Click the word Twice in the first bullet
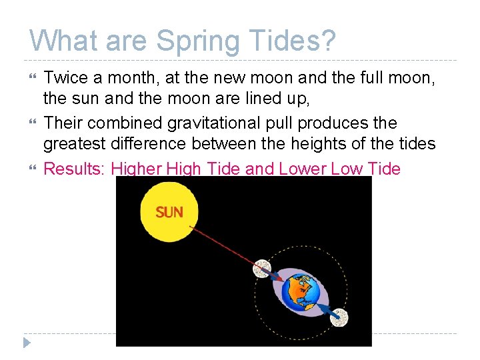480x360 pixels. tap(65, 78)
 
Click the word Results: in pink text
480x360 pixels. tap(75, 169)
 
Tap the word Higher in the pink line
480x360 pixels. tap(136, 169)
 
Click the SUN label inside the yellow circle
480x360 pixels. tap(169, 213)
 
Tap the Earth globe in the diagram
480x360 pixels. tap(299, 292)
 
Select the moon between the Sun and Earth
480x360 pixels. tap(263, 268)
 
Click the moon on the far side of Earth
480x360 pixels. tap(339, 318)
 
